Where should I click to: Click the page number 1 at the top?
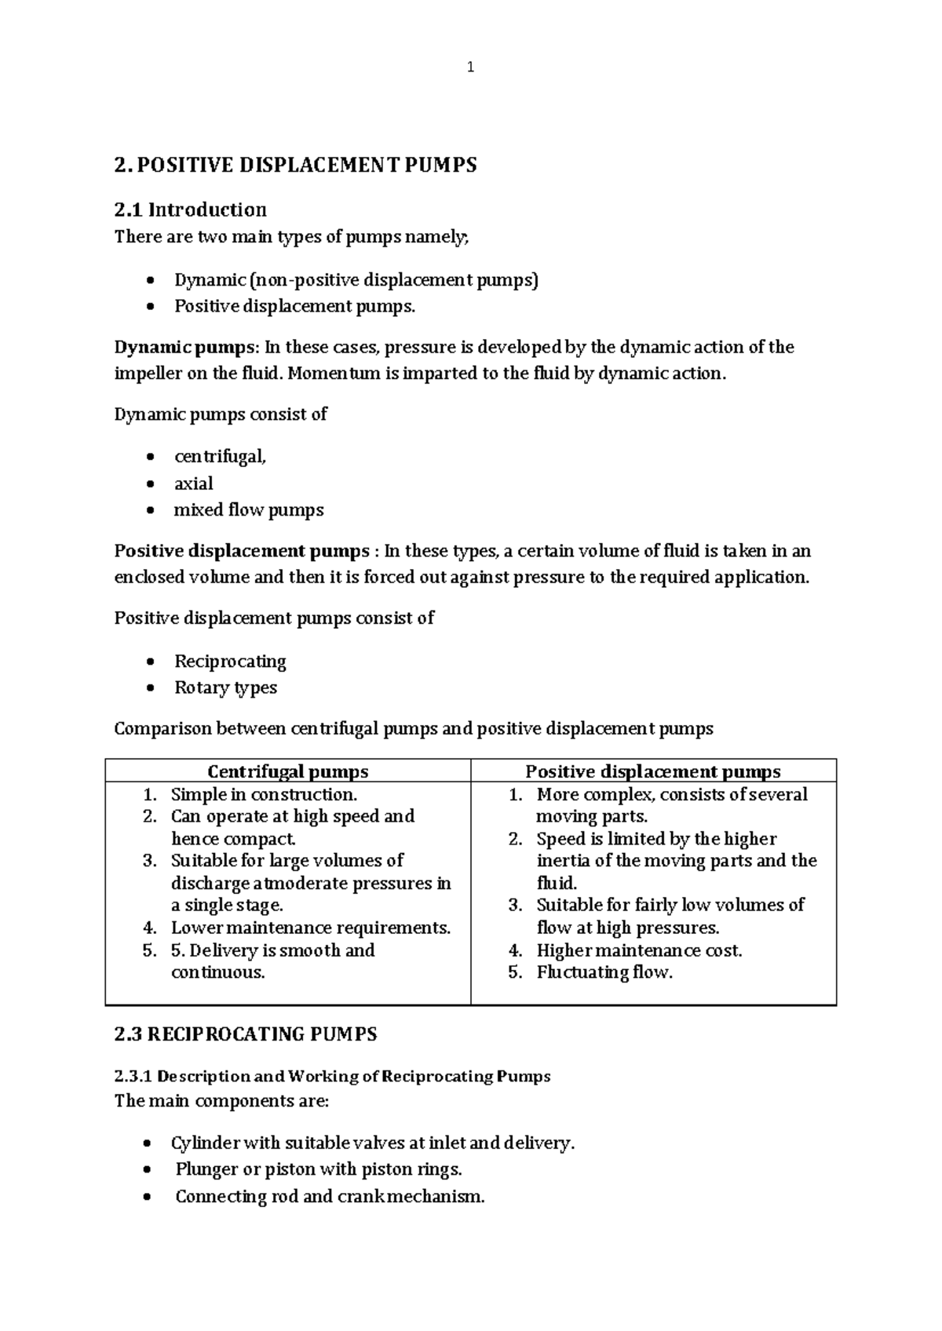[x=470, y=67]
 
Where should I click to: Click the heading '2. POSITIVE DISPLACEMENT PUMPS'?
[x=295, y=166]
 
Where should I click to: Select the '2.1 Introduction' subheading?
[x=190, y=210]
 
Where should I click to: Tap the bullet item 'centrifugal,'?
[x=220, y=457]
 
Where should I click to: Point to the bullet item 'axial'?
[x=193, y=483]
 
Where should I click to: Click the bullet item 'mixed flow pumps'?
[x=248, y=510]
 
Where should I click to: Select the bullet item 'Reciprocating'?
[x=230, y=662]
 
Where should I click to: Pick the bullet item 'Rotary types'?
[x=225, y=688]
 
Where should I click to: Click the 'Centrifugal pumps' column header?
[x=287, y=771]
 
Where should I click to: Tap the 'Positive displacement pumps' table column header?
[x=652, y=771]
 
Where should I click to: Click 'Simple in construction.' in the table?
[x=264, y=794]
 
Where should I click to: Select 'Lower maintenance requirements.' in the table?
[x=311, y=928]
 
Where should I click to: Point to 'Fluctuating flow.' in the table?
[x=604, y=972]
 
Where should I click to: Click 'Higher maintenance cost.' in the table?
[x=639, y=950]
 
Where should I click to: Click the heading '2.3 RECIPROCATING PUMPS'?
[x=246, y=1034]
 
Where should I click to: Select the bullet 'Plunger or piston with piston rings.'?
[x=319, y=1169]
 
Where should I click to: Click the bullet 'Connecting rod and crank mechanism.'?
[x=330, y=1197]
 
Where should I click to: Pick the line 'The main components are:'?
[x=221, y=1101]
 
